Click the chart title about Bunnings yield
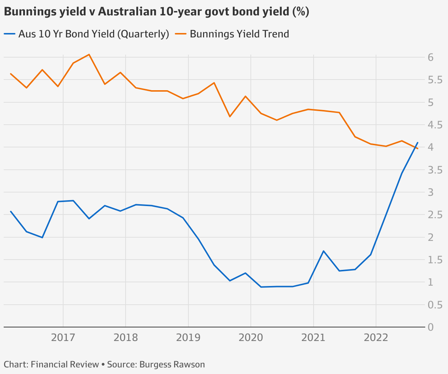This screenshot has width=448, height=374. coord(156,12)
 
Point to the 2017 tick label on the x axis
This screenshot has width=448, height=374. coord(63,337)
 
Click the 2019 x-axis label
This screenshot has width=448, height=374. coord(188,337)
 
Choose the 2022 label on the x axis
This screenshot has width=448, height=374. coord(376,337)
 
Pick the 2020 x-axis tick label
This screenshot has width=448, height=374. coord(251,337)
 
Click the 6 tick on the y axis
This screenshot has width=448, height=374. coord(431,57)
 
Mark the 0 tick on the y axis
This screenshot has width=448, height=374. coord(431,327)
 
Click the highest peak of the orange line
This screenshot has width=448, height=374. coord(89,55)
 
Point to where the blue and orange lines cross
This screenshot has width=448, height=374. coord(415,147)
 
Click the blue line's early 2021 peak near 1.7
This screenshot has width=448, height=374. coord(324,251)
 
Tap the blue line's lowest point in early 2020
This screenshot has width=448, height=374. coord(261,287)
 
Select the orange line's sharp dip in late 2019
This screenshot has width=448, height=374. coord(230,117)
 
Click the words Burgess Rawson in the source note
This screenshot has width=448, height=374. coord(172,364)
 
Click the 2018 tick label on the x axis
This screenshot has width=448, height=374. coord(126,337)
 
